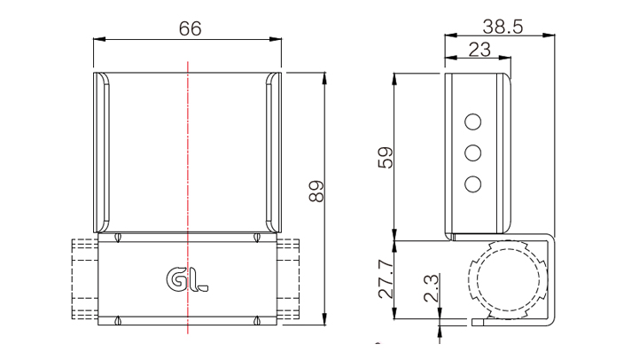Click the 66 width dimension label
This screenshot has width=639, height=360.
pos(190,28)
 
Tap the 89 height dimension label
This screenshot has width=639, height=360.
pos(316,192)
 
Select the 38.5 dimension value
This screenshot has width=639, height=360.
pos(503,27)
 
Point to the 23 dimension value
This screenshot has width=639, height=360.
pos(479,50)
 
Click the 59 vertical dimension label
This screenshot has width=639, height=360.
pos(386,157)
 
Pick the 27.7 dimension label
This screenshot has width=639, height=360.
pos(386,279)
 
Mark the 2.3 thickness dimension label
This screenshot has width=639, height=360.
pos(431,288)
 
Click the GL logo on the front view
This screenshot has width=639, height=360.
pos(187,279)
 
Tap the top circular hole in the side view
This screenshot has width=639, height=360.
pos(472,121)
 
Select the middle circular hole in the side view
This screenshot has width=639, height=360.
pos(472,153)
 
